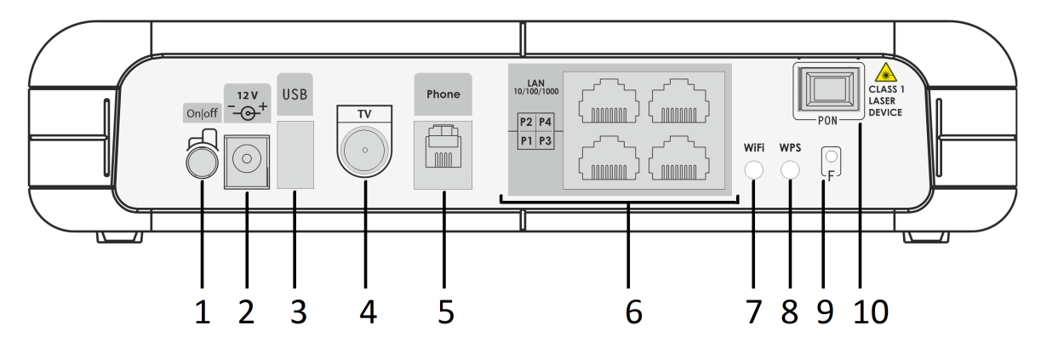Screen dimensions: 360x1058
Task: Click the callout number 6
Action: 632,311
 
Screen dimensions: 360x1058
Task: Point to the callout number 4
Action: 367,311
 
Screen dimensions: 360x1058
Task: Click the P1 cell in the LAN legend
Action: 526,140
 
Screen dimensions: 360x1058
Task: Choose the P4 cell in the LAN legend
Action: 546,122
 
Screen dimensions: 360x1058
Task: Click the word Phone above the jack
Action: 443,94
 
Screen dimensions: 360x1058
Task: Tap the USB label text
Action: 295,93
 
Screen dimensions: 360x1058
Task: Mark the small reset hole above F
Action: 832,156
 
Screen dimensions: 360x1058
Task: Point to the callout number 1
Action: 202,311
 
